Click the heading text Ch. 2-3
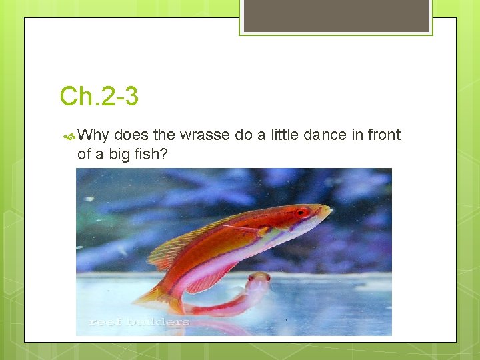pos(99,97)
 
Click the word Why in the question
pos(93,135)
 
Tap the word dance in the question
pos(325,135)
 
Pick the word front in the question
pos(384,135)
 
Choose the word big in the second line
pos(121,155)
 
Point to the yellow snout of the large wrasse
pos(324,212)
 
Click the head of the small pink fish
pos(259,279)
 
